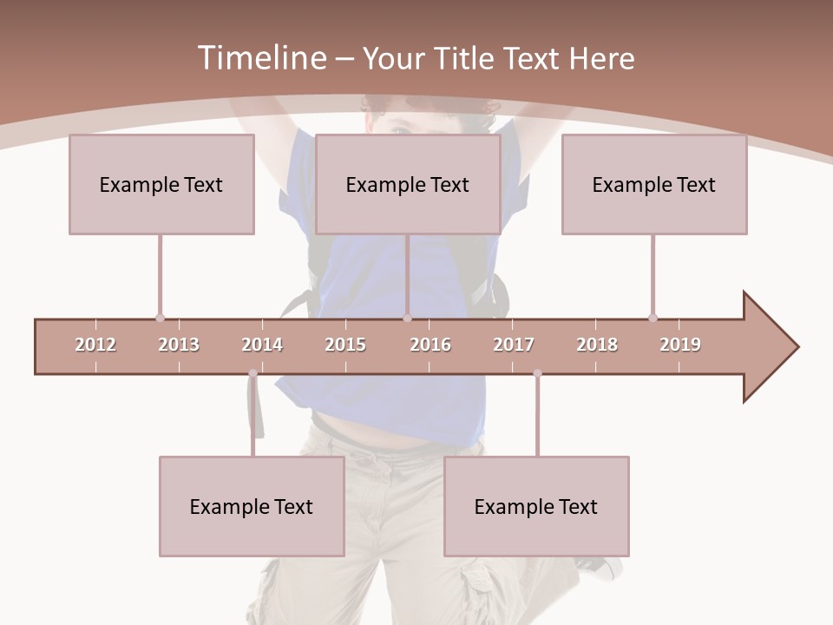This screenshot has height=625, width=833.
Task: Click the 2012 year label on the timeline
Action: pos(95,345)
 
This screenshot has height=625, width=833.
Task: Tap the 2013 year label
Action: pos(179,345)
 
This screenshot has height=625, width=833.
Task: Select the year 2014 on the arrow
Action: pos(262,345)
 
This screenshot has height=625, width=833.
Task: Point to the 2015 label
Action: pos(345,345)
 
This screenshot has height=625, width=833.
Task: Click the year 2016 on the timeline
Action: pos(430,345)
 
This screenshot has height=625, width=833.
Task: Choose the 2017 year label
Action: pos(514,345)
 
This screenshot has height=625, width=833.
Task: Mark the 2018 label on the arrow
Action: pos(597,345)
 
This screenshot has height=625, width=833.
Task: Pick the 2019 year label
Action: pos(680,345)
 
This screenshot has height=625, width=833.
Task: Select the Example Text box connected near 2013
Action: pos(161,185)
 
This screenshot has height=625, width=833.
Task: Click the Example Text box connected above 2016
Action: pos(408,185)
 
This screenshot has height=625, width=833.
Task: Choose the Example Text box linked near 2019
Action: pos(654,185)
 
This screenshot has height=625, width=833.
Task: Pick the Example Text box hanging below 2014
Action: pos(252,507)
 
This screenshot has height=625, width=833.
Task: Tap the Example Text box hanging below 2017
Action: pos(536,507)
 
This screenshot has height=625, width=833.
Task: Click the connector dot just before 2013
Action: pos(160,318)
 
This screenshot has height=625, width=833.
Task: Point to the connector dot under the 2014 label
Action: pos(253,373)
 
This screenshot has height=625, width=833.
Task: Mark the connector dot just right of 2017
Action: pos(537,373)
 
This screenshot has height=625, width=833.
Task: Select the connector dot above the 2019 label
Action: pos(653,318)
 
